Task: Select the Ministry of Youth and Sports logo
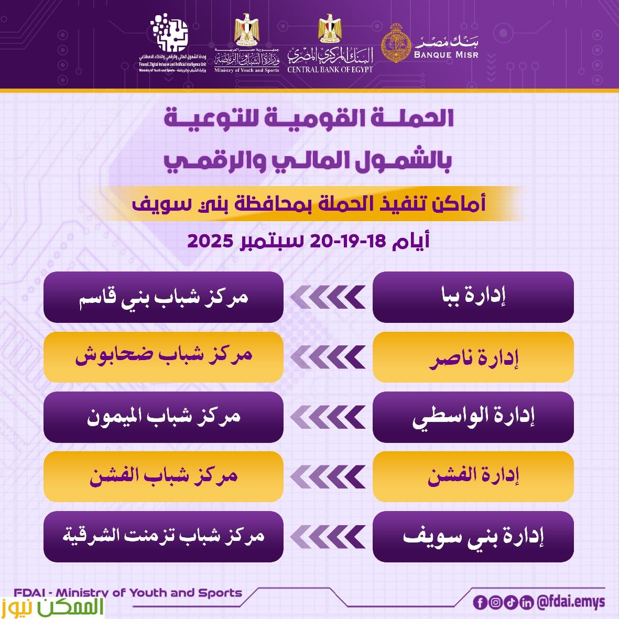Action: click(246, 45)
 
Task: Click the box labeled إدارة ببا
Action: click(473, 297)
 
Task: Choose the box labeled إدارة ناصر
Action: click(473, 357)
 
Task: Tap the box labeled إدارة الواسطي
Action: click(473, 417)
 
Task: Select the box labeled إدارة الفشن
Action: click(473, 476)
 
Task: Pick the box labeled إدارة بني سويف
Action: click(473, 536)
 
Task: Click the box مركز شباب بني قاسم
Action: click(164, 297)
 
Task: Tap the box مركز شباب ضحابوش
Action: click(164, 357)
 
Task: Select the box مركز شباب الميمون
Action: click(164, 417)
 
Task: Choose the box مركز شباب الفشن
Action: click(164, 476)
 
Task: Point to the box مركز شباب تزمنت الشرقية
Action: click(164, 536)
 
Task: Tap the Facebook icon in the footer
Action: click(480, 602)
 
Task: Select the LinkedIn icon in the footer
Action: click(527, 602)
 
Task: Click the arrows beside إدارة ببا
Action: click(328, 298)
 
